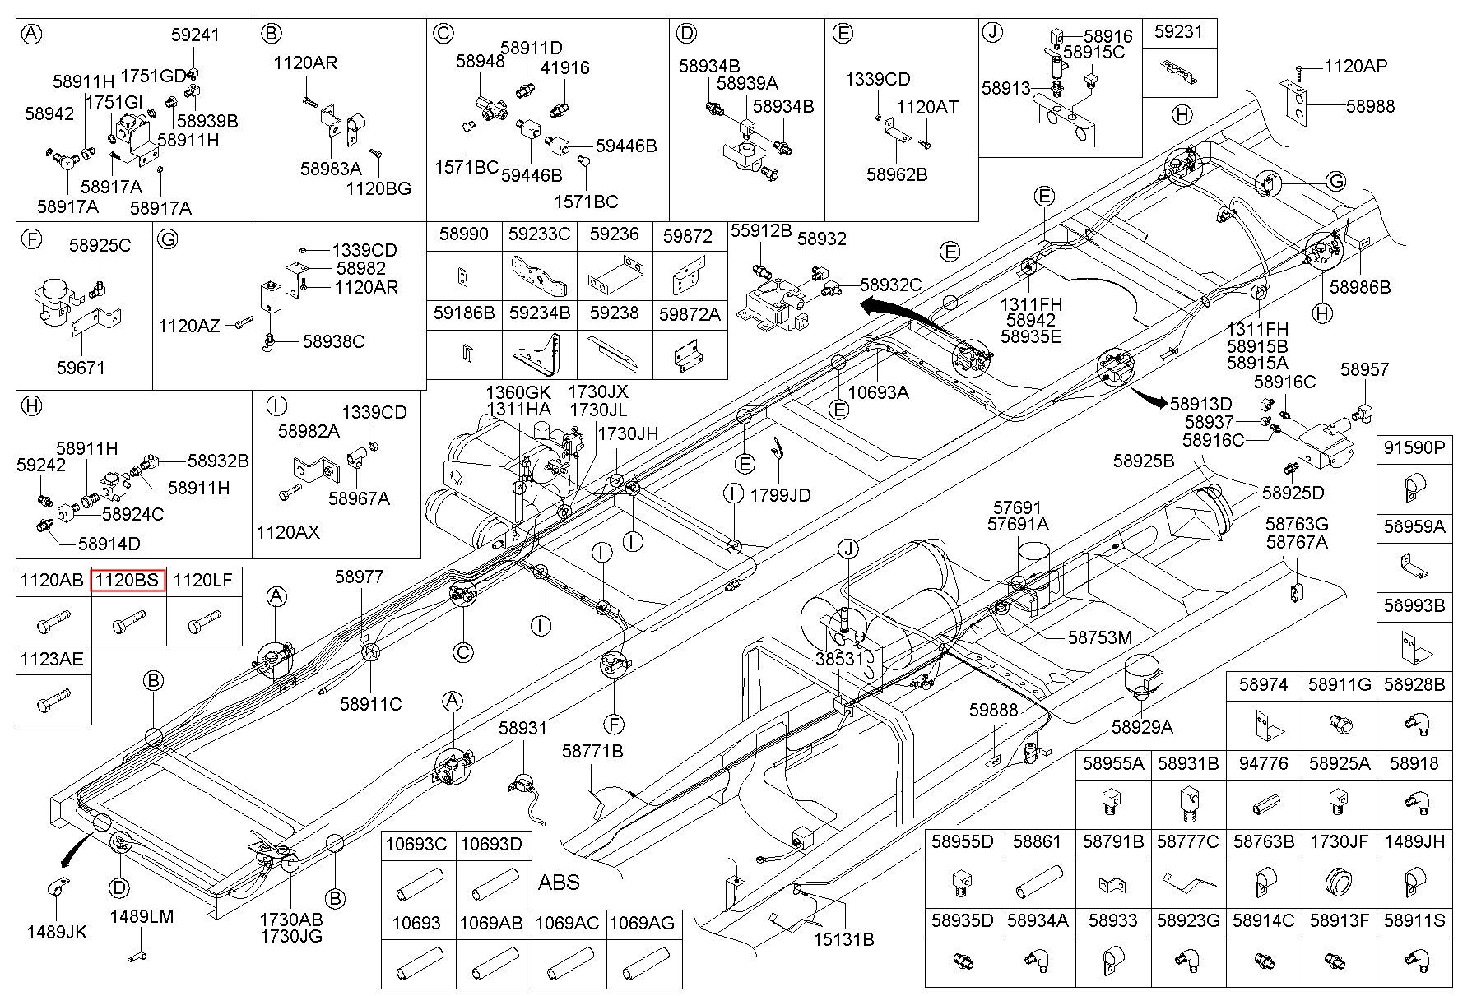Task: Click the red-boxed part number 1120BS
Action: pyautogui.click(x=128, y=581)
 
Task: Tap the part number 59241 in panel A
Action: pyautogui.click(x=196, y=35)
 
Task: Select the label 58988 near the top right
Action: pyautogui.click(x=1370, y=106)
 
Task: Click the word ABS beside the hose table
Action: pyautogui.click(x=559, y=883)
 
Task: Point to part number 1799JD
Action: pyautogui.click(x=780, y=495)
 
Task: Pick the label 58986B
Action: pyautogui.click(x=1360, y=287)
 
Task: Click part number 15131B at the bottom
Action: pyautogui.click(x=843, y=938)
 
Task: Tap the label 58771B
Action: pyautogui.click(x=592, y=751)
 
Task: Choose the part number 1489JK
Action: pyautogui.click(x=57, y=932)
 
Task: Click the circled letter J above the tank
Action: pyautogui.click(x=848, y=549)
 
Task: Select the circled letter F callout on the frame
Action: pyautogui.click(x=614, y=724)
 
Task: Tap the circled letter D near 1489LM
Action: pyautogui.click(x=120, y=887)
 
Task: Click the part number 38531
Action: pyautogui.click(x=840, y=659)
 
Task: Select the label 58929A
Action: pyautogui.click(x=1142, y=727)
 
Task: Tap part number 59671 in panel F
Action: pyautogui.click(x=81, y=368)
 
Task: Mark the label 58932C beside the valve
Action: pyautogui.click(x=891, y=285)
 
